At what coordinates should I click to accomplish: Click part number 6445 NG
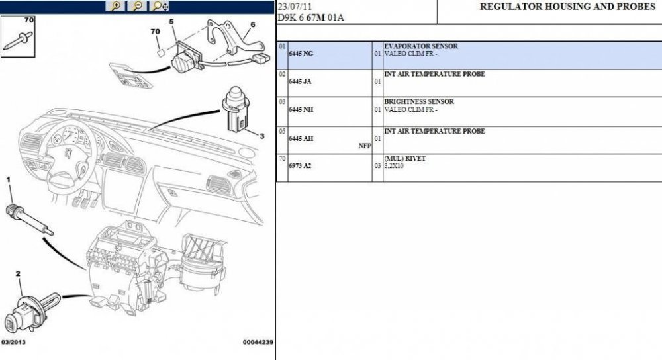click(301, 53)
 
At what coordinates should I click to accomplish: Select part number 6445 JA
click(301, 81)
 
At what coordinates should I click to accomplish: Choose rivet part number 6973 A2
click(300, 165)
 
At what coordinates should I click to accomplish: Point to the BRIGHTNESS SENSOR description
click(419, 102)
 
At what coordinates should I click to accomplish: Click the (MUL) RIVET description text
click(405, 159)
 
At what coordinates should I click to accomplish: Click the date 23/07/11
click(292, 6)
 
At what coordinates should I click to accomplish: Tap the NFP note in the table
click(364, 146)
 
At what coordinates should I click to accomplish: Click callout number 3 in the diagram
click(261, 136)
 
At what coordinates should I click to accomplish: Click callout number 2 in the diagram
click(18, 273)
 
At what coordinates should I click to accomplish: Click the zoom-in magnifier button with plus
click(117, 7)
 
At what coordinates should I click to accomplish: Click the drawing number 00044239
click(258, 342)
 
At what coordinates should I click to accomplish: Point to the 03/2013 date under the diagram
click(14, 342)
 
